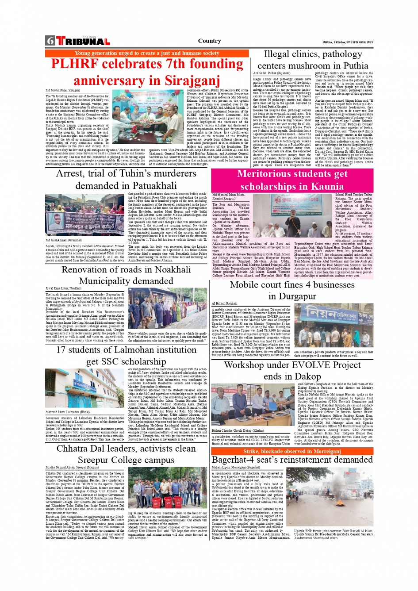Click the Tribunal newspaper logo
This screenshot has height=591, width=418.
[83, 41]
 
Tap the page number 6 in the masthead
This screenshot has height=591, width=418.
[50, 41]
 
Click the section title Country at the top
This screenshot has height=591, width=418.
[209, 41]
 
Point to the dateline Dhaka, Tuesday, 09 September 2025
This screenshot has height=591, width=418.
[347, 42]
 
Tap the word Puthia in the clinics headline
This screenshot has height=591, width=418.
[356, 65]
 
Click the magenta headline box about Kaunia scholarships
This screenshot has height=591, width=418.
[292, 180]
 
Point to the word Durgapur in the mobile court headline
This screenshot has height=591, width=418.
[292, 296]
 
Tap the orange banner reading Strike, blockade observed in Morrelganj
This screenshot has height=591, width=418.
[292, 451]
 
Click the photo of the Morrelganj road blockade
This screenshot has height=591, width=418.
[334, 496]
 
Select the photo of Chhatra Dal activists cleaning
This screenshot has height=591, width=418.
[168, 488]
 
